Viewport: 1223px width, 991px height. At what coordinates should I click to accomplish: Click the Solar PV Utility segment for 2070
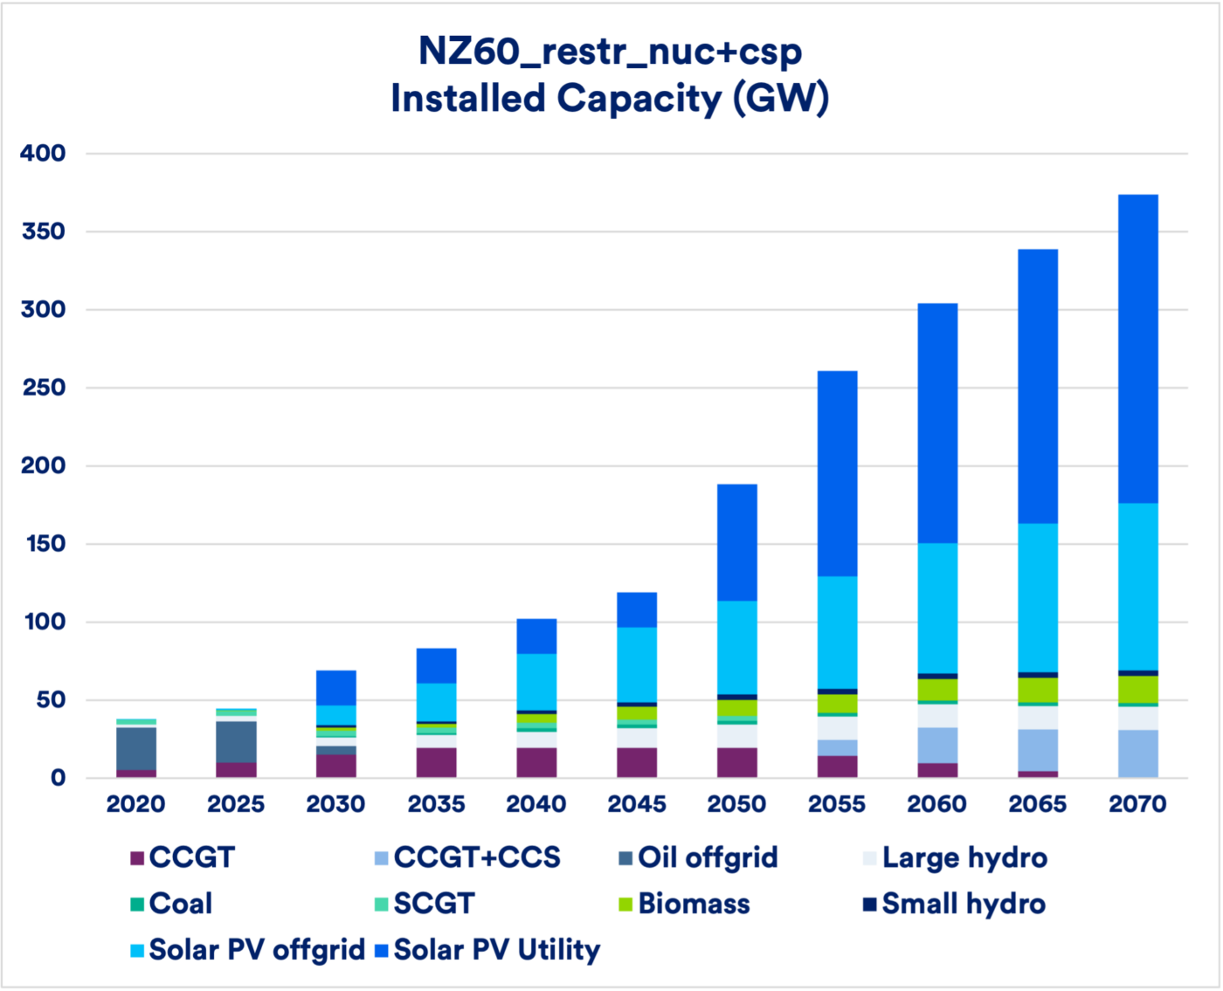1138,348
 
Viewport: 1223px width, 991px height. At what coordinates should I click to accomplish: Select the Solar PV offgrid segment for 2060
937,608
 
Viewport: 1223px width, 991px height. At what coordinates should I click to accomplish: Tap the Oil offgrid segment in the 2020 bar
136,748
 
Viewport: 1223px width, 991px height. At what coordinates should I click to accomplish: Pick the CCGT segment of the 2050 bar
737,762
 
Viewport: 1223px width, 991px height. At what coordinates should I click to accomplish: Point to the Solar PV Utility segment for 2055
838,473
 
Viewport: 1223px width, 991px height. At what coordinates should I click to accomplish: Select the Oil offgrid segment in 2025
237,741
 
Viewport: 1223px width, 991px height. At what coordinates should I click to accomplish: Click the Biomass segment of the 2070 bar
1138,689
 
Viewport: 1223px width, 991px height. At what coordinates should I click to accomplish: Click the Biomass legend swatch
626,905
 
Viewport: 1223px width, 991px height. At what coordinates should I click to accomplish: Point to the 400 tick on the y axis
44,154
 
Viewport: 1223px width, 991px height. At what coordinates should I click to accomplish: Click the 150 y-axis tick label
44,544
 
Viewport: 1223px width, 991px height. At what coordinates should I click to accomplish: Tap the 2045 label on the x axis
637,804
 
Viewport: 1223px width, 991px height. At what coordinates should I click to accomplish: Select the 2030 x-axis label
336,804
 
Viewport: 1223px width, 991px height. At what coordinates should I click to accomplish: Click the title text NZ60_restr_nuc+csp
610,52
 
